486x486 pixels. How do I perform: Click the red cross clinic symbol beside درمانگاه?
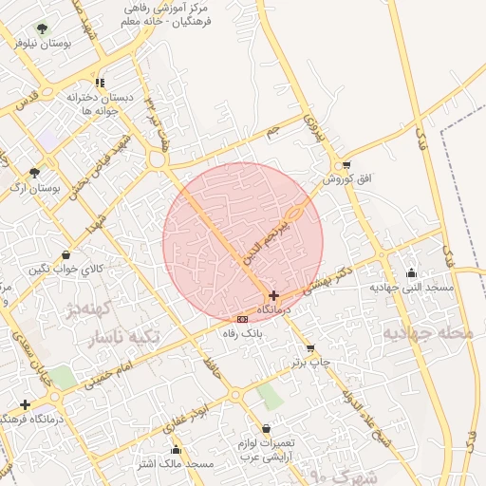[274, 295]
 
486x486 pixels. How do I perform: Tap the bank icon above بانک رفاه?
[242, 318]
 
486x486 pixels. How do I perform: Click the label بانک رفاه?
[242, 333]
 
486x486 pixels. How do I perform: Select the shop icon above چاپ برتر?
[310, 348]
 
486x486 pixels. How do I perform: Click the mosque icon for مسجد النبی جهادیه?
[410, 273]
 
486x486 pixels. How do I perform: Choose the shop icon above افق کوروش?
[346, 164]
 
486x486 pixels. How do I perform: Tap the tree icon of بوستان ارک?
[35, 173]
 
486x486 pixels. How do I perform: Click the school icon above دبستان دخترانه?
[100, 83]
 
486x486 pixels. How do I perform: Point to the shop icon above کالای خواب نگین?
[65, 254]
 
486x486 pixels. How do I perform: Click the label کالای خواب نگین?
[65, 270]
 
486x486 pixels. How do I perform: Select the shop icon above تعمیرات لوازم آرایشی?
[266, 428]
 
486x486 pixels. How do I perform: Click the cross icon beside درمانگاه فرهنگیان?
[25, 404]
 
